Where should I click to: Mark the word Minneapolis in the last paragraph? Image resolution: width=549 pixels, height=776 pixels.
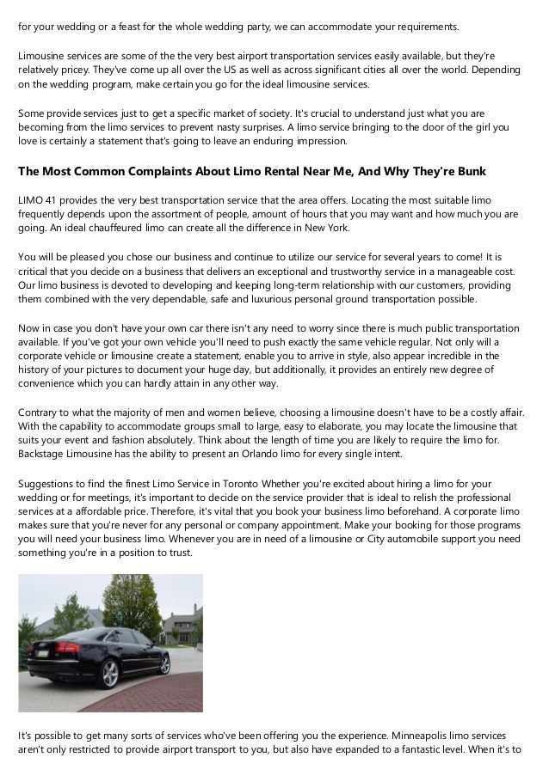tap(429, 736)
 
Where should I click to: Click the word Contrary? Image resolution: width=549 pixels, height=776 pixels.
tap(40, 412)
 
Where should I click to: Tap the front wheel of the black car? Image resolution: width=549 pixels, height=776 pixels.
tap(164, 665)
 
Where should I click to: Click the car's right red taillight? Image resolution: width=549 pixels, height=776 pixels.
tap(65, 647)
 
